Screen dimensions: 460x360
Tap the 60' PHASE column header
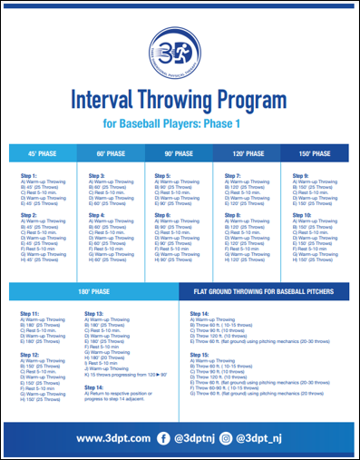(112, 153)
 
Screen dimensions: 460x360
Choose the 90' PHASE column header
(179, 153)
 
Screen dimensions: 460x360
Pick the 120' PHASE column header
(247, 153)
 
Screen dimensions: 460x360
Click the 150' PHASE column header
(315, 153)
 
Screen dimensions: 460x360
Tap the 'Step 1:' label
(29, 175)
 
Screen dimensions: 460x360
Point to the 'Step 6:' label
(163, 214)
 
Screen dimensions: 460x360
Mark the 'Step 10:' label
(302, 214)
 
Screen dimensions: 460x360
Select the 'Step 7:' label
(233, 175)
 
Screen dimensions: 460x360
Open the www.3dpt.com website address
(112, 438)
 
